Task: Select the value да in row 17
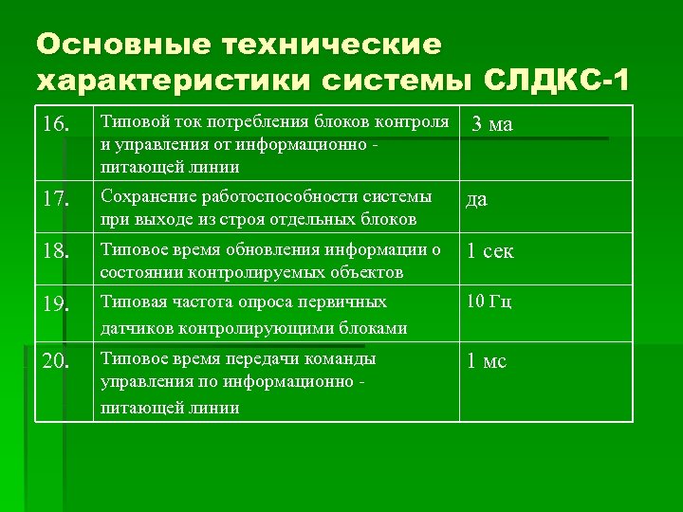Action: click(475, 200)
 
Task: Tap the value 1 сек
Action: click(489, 252)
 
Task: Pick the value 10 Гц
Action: click(488, 302)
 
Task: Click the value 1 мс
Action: click(486, 360)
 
